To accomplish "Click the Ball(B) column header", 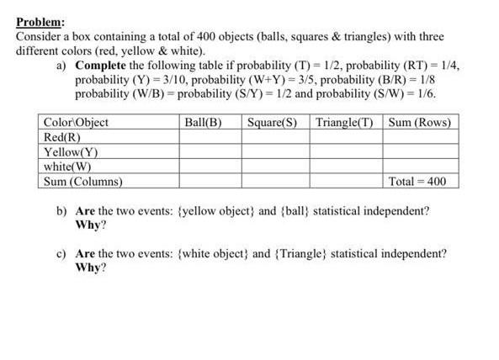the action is [x=203, y=122].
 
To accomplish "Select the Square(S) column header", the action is [x=273, y=122].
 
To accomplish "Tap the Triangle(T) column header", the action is [x=344, y=122].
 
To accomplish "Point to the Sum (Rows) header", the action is [x=420, y=122].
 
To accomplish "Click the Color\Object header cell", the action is [x=76, y=122].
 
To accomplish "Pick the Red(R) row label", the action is [x=62, y=137].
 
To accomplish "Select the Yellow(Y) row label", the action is [x=71, y=152].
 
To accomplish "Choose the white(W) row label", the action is [x=68, y=167].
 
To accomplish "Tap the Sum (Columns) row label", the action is [x=82, y=181].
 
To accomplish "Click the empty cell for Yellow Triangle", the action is [x=345, y=152].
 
